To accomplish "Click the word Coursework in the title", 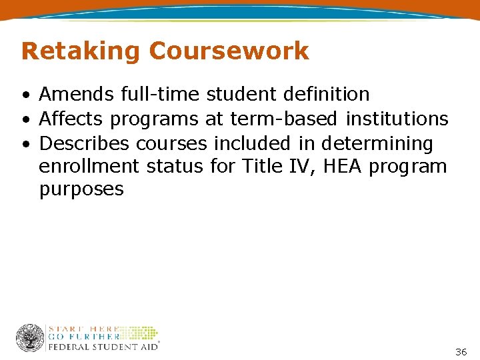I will point(229,51).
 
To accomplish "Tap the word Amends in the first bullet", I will point(77,95).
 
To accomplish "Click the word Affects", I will point(71,119).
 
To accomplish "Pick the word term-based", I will point(285,119).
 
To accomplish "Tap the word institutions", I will point(397,119).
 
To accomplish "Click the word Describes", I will point(85,143).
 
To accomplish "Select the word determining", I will point(377,144).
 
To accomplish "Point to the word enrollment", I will point(90,166).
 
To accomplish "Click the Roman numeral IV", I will point(296,166).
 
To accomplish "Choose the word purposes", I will point(81,190).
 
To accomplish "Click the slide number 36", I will point(461,351).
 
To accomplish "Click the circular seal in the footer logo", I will point(30,338).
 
